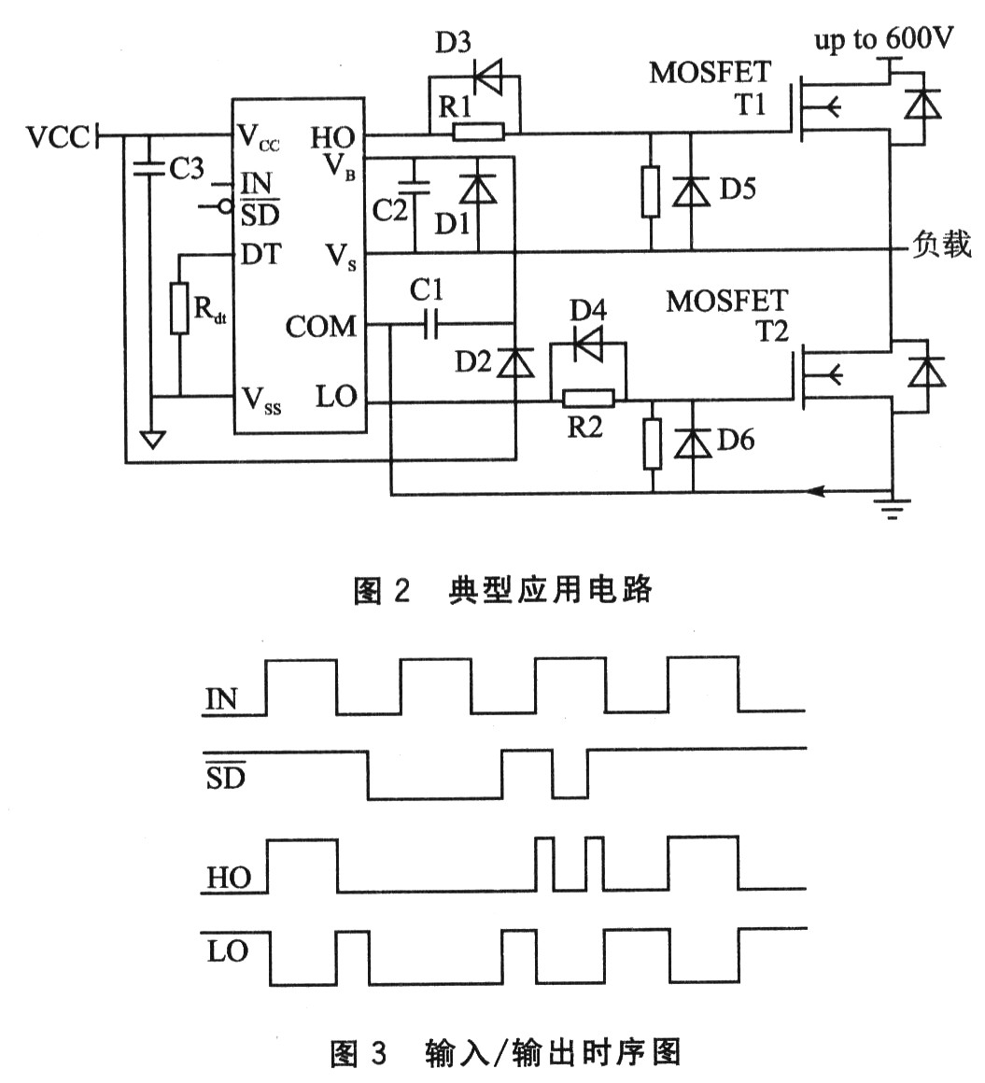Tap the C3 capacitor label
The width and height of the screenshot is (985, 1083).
pyautogui.click(x=185, y=170)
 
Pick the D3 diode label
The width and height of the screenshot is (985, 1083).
pyautogui.click(x=454, y=44)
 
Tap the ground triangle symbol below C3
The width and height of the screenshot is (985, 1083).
pyautogui.click(x=150, y=438)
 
